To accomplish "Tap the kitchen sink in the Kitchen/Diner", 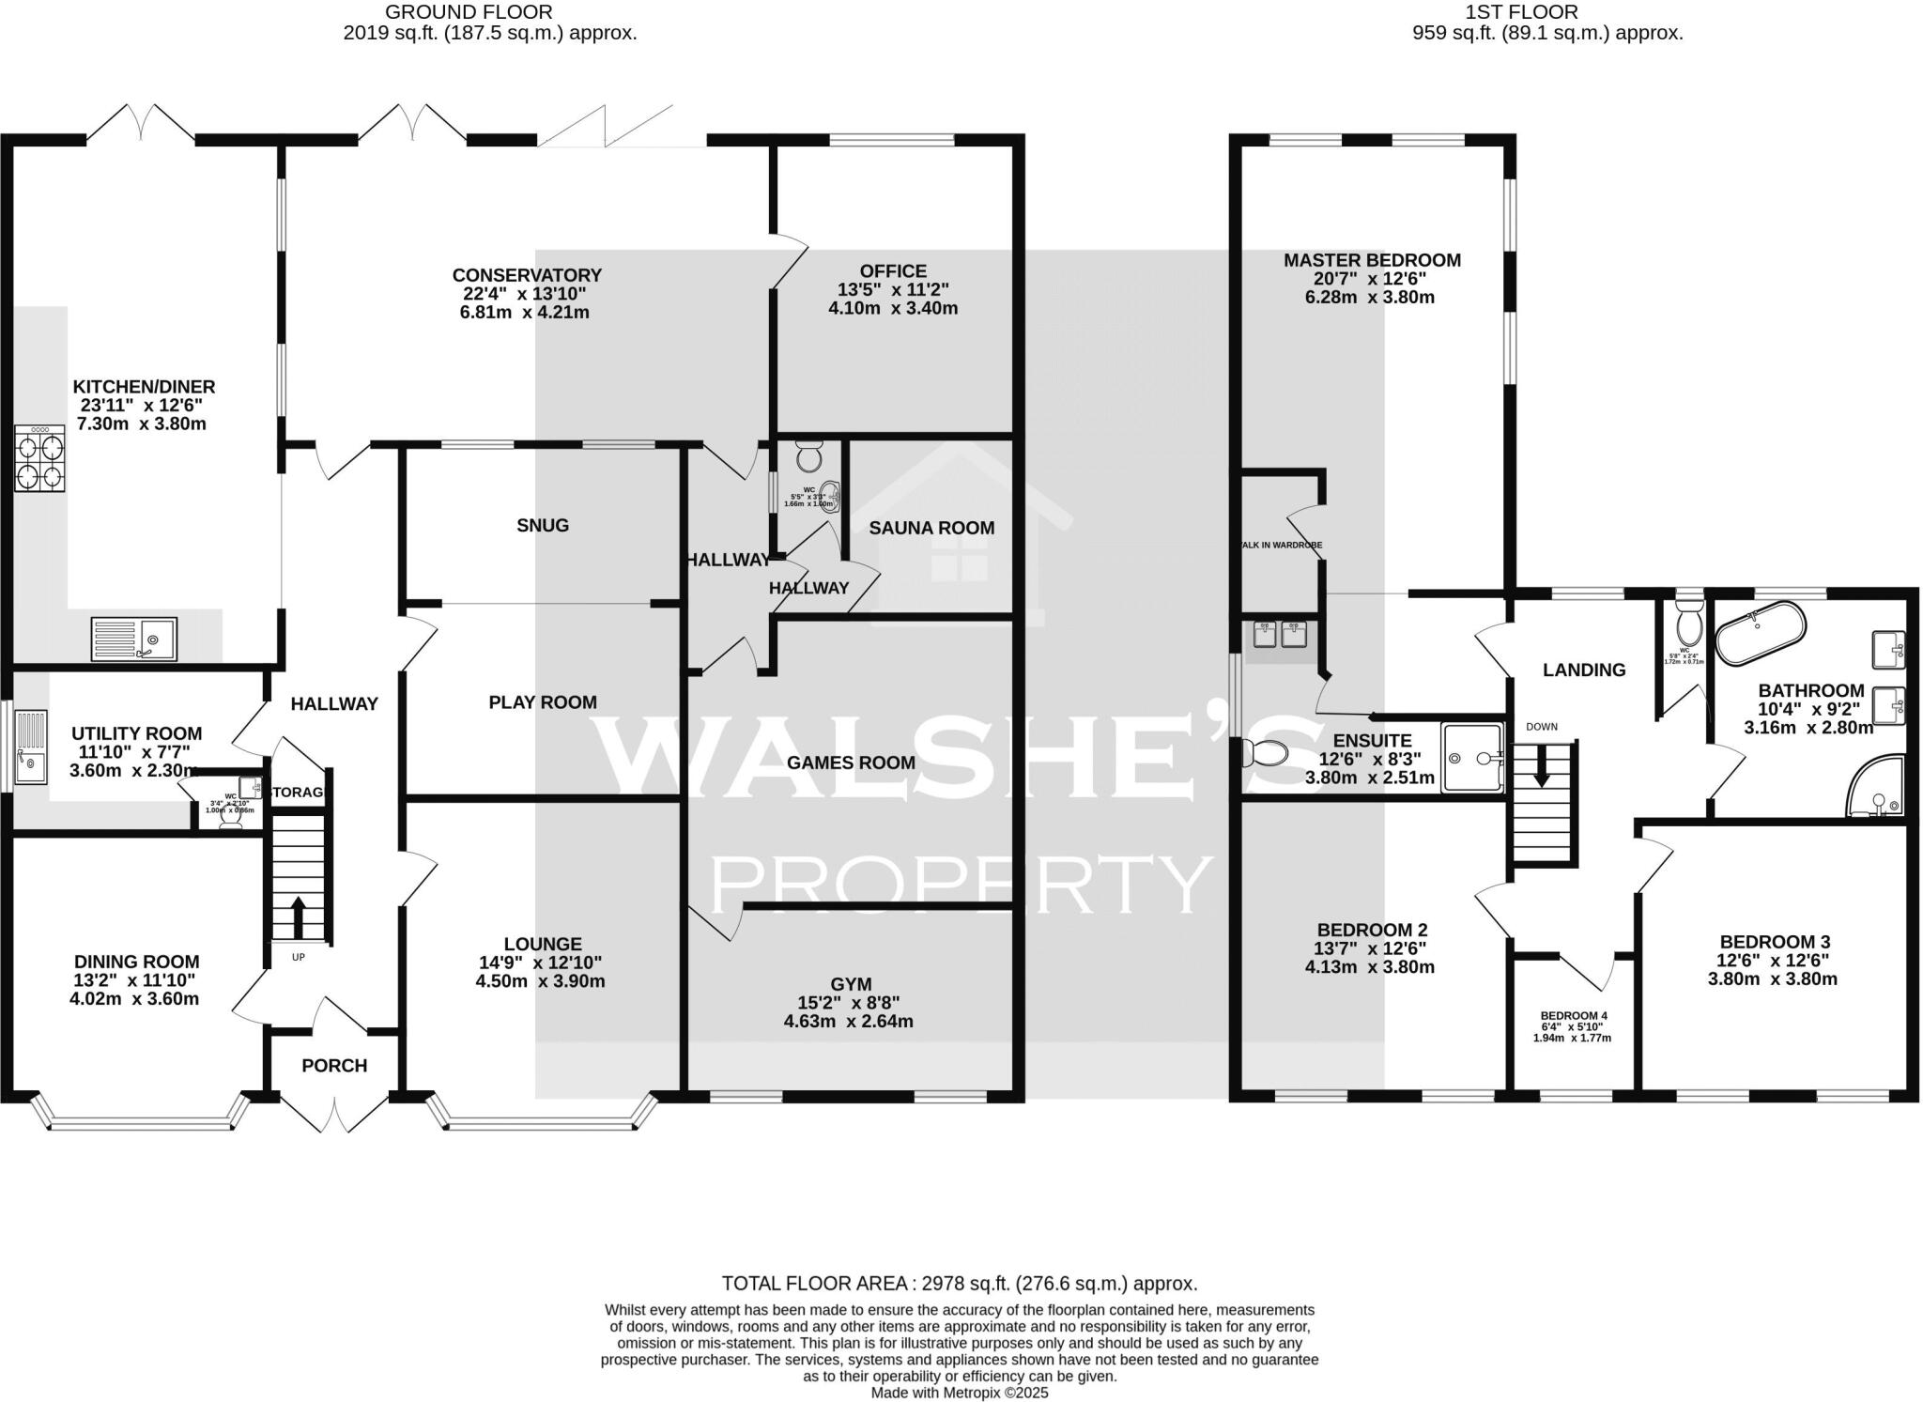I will tap(133, 639).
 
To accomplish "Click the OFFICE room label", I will tap(892, 271).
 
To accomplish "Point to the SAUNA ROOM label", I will tap(931, 528).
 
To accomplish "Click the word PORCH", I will tap(334, 1066).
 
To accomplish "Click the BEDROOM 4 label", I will tap(1574, 1016).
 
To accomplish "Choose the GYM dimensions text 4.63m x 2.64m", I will tap(848, 1021).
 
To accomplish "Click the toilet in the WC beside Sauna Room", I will tap(808, 458).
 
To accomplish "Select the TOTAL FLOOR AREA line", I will tap(959, 1284).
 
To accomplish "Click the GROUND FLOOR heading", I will tap(469, 12).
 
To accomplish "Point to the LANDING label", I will tap(1584, 670).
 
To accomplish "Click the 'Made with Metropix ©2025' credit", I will tap(960, 1393).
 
